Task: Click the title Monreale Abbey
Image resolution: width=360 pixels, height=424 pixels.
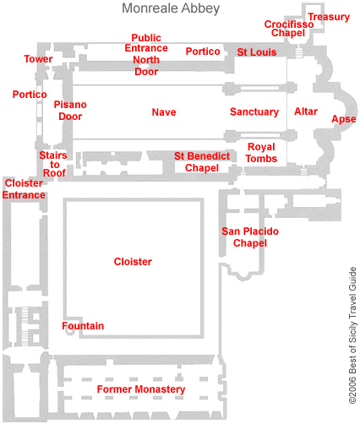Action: (x=171, y=9)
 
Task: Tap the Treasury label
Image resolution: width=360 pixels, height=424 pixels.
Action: (x=329, y=17)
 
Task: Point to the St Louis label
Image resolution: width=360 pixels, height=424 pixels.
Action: (x=256, y=52)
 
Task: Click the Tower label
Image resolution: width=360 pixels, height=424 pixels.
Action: (x=38, y=60)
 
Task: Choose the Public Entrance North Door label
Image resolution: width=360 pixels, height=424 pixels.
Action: (x=145, y=54)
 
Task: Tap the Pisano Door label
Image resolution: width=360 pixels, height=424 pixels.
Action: (x=70, y=111)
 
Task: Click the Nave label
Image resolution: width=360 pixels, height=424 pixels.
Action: (x=164, y=112)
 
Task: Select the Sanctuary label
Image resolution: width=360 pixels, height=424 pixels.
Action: (x=254, y=112)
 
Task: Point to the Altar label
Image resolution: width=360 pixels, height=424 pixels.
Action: (x=306, y=111)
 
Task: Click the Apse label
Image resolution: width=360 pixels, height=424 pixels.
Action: (x=343, y=119)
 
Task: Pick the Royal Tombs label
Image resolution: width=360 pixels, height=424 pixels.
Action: (x=261, y=153)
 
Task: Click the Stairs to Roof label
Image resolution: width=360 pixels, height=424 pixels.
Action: (x=53, y=164)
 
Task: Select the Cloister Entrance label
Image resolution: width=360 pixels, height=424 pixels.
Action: (x=24, y=189)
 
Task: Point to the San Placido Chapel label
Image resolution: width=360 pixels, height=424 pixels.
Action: (x=249, y=237)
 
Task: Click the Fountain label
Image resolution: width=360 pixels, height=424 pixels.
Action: (x=83, y=326)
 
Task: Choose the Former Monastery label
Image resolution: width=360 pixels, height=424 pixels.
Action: (x=140, y=389)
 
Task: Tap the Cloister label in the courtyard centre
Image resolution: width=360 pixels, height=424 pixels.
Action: (x=133, y=262)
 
